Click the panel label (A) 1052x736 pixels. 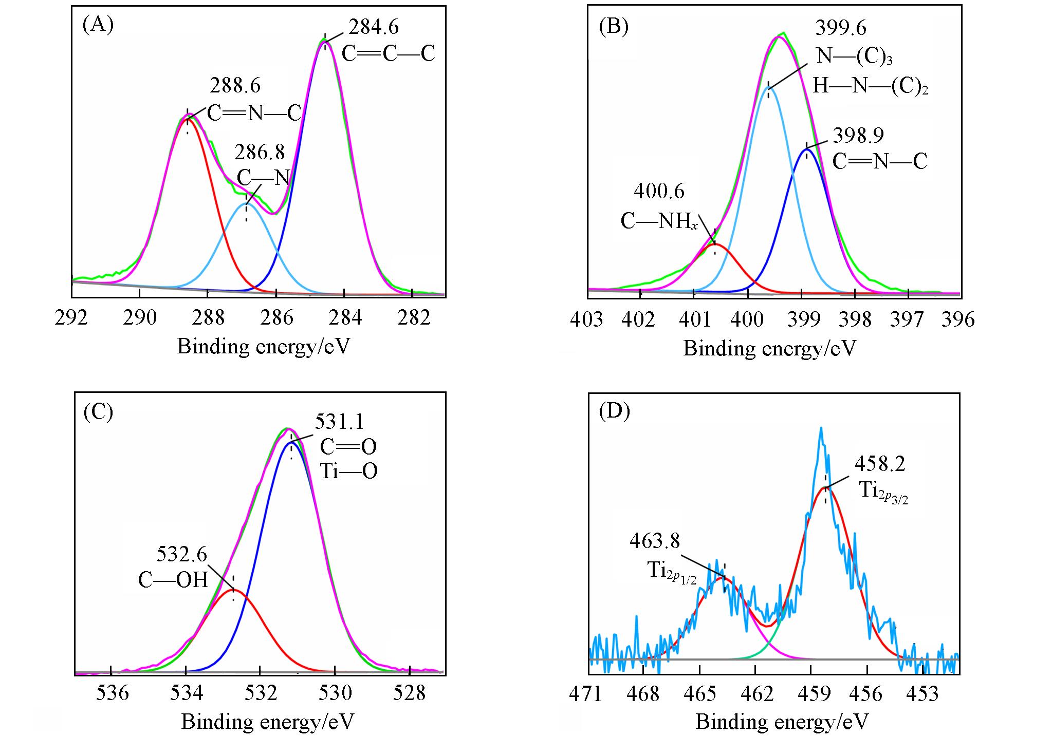(x=98, y=24)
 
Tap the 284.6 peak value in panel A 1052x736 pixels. (x=374, y=27)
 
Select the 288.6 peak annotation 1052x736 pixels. (x=235, y=86)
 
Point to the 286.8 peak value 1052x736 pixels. (x=260, y=153)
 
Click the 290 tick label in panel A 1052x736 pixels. (x=140, y=318)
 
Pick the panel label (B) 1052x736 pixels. (x=614, y=26)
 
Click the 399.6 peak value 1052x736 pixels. (x=841, y=28)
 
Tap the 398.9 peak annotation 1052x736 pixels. (x=858, y=135)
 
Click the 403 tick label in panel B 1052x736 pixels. (x=587, y=319)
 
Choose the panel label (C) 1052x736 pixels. (x=98, y=412)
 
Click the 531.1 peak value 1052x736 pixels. (x=340, y=422)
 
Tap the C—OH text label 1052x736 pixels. (x=173, y=580)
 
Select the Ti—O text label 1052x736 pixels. (x=349, y=471)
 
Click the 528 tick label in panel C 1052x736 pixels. (x=409, y=693)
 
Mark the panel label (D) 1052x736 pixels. (x=614, y=412)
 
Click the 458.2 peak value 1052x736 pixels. (x=880, y=464)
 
